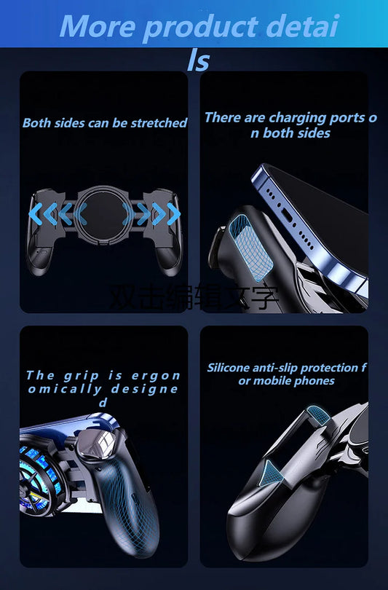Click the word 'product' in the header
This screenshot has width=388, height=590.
point(200,28)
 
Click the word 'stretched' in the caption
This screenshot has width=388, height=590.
point(159,122)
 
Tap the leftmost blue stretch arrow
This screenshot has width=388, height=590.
point(36,214)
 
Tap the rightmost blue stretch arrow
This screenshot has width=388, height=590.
point(173,214)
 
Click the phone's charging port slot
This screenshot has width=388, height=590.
point(288,217)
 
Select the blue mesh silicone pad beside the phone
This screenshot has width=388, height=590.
point(250,248)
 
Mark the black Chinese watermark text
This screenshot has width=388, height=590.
point(194,297)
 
